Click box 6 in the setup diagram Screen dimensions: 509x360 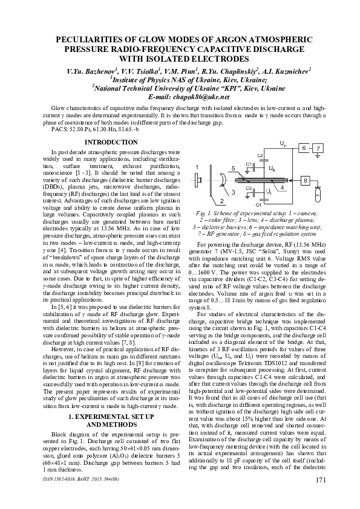tap(306, 148)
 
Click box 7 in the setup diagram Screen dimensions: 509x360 tap(321, 148)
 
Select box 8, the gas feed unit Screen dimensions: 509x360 tap(306, 181)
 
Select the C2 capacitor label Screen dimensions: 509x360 tap(260, 156)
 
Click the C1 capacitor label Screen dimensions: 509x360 tap(249, 164)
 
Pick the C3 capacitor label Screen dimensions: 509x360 tap(249, 188)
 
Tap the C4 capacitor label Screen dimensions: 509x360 tap(258, 205)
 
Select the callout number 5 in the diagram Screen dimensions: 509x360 tap(233, 167)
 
